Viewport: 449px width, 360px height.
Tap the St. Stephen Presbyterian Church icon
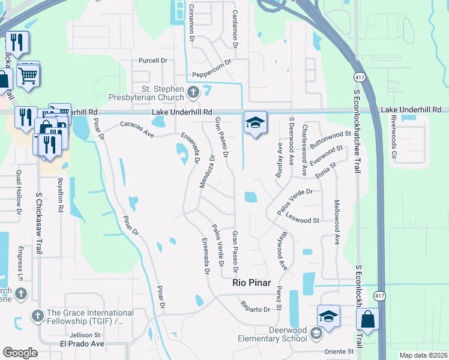tap(193, 92)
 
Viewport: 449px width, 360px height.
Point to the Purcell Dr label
tap(152, 61)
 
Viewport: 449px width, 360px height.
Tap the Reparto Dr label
tap(256, 309)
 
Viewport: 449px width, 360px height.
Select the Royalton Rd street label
tap(61, 195)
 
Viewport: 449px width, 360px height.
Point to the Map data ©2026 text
tap(423, 355)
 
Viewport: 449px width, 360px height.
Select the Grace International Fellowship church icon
tap(37, 315)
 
